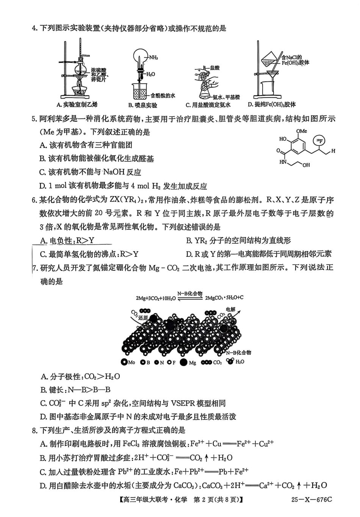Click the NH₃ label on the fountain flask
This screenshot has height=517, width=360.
[153, 58]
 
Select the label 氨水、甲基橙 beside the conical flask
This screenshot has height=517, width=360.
[227, 97]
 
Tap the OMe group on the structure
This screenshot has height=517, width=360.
[302, 131]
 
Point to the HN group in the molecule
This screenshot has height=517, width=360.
[283, 162]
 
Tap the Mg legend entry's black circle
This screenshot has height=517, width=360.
[183, 362]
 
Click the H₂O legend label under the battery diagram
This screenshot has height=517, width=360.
[240, 362]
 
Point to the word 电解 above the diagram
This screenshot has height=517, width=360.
[230, 310]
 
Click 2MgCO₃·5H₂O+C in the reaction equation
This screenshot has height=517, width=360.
[224, 298]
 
